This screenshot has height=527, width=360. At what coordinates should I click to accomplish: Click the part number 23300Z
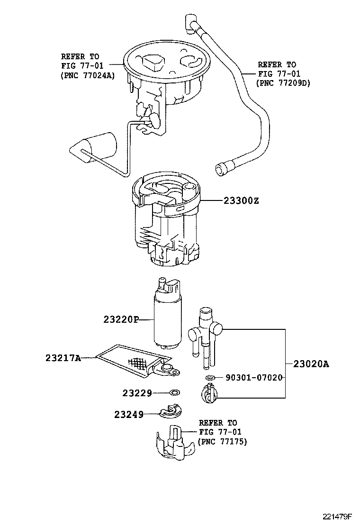241,201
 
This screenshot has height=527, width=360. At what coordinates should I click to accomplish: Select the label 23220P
121,319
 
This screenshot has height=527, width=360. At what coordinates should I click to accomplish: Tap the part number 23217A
63,358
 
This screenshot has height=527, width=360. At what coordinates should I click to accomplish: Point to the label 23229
137,393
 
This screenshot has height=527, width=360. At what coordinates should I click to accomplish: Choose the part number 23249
129,414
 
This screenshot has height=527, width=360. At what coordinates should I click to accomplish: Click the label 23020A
311,363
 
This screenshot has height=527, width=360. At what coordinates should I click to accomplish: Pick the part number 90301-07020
254,378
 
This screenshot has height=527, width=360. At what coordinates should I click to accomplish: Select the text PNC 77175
223,442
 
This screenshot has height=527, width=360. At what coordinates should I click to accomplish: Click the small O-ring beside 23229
175,392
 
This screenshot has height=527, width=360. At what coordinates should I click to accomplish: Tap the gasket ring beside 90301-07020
210,378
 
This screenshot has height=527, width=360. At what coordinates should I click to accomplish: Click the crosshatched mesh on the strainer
138,362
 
